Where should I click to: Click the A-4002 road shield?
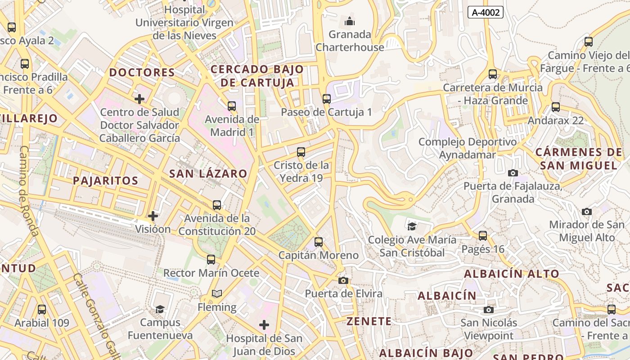click(485, 12)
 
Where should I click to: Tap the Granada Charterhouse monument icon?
click(350, 21)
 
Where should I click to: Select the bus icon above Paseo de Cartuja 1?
click(326, 99)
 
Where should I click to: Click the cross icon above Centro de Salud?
click(139, 99)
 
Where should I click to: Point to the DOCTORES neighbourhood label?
click(142, 72)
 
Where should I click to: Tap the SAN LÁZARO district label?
click(208, 174)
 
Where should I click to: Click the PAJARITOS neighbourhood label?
click(105, 181)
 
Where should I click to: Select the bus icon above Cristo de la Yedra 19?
click(301, 152)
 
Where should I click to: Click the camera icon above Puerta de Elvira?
click(343, 280)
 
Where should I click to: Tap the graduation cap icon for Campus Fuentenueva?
click(160, 309)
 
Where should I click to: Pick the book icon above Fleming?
click(217, 294)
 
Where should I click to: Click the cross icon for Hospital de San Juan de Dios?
click(264, 324)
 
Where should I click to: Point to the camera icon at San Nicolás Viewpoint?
click(488, 310)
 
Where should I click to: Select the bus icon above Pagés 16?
click(483, 235)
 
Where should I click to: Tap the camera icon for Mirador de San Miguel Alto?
click(586, 211)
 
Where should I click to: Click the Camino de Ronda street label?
click(28, 191)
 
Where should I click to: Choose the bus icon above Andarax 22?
click(556, 107)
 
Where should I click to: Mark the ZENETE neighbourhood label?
click(369, 321)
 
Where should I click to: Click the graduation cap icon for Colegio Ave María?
click(411, 226)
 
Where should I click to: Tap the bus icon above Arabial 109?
click(42, 310)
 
